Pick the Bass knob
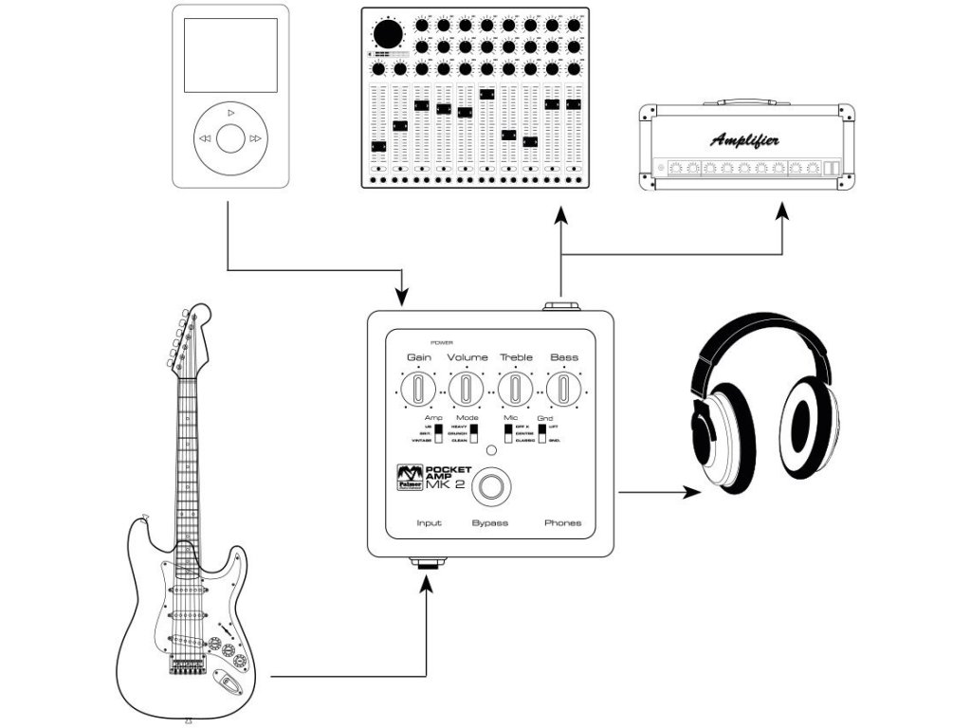564,389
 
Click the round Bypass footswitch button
490,486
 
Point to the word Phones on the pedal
562,523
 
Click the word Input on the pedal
429,523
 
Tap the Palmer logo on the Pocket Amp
409,478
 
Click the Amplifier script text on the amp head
745,140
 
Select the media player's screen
230,55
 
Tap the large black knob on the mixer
387,35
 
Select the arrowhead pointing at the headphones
691,493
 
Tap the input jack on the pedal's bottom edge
429,562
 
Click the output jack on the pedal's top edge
561,305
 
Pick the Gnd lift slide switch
541,435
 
